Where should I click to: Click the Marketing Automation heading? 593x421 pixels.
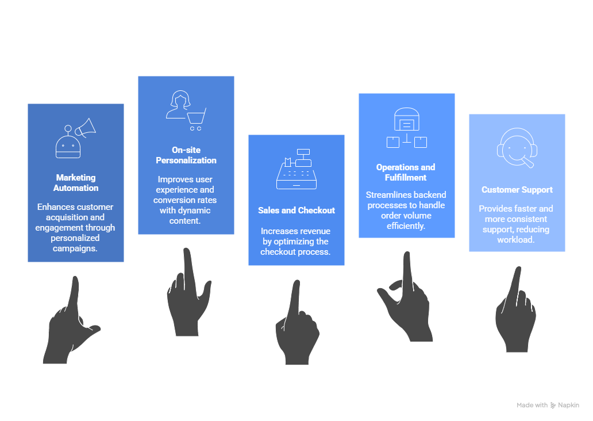coord(76,183)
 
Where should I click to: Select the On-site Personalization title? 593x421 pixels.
coord(186,155)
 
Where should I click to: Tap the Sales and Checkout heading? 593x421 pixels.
coord(296,210)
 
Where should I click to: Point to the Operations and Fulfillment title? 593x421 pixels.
coord(406,173)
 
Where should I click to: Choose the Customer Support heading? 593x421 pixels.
coord(517,190)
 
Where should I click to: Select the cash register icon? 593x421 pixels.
coord(296,169)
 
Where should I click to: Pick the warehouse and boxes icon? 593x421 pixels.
coord(407,128)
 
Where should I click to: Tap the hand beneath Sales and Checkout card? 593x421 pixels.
coord(296,325)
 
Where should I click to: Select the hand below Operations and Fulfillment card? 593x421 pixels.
coord(406,296)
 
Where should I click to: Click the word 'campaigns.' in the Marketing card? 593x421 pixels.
coord(76,248)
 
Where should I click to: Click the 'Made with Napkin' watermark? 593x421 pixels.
coord(548,405)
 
